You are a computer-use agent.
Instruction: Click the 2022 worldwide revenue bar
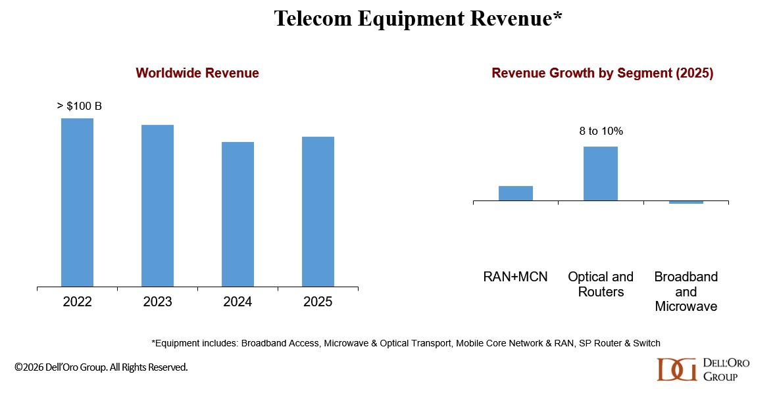(x=77, y=202)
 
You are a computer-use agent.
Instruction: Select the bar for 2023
(x=157, y=206)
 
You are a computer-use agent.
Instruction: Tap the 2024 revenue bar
(x=238, y=214)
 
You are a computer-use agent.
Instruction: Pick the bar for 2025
(x=318, y=212)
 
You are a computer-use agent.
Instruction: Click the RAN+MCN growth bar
(x=515, y=193)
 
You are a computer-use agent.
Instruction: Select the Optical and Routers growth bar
(x=601, y=174)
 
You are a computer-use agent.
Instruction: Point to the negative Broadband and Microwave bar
(x=686, y=202)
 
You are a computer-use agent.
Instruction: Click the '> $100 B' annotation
(x=80, y=106)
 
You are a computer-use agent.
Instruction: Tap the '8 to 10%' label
(x=601, y=131)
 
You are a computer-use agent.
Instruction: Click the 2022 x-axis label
(x=77, y=302)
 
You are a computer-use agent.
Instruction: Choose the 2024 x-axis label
(x=238, y=302)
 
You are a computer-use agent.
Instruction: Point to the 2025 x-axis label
(x=318, y=302)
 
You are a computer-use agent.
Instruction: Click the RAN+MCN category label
(x=515, y=277)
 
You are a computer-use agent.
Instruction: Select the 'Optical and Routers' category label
(x=601, y=284)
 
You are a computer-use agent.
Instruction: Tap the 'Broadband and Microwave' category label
(x=686, y=291)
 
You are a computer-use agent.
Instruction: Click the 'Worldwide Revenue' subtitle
(x=197, y=73)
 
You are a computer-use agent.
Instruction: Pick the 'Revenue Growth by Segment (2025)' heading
(x=602, y=73)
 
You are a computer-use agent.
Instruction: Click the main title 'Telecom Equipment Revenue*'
(x=418, y=19)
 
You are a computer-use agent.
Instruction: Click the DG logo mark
(x=676, y=369)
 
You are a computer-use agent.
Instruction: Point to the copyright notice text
(x=101, y=367)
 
